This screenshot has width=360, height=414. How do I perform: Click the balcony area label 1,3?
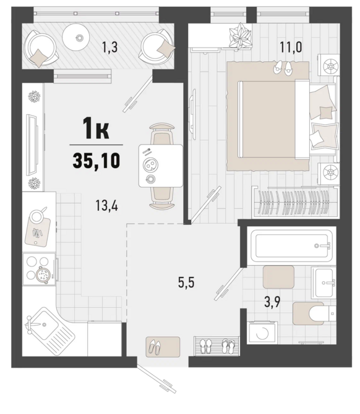tap(109, 48)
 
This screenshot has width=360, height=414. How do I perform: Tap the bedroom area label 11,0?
tap(291, 48)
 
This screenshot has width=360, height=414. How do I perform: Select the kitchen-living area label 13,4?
tap(107, 205)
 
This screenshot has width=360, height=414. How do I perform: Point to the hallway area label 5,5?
tap(186, 282)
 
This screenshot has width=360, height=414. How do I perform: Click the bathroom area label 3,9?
tap(272, 302)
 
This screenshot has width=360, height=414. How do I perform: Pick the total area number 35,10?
tap(96, 161)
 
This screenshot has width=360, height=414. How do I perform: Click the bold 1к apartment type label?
tap(96, 129)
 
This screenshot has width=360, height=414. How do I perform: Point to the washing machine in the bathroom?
tap(263, 332)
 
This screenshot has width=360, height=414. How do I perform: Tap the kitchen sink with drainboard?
tap(49, 327)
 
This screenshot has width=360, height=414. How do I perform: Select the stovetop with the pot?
tap(40, 269)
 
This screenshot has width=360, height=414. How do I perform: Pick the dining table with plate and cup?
tap(161, 166)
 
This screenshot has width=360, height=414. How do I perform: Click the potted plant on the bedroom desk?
tap(240, 36)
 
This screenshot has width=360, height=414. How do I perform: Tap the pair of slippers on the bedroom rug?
tap(283, 67)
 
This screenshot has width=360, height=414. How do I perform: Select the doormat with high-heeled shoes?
tap(163, 347)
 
